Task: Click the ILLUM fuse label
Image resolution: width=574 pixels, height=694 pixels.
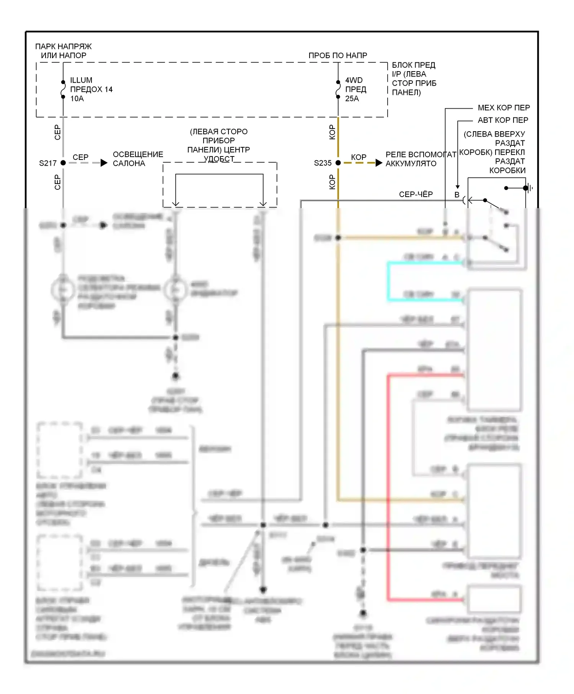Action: click(x=81, y=80)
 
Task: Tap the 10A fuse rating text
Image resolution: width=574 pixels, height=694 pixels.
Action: click(x=77, y=99)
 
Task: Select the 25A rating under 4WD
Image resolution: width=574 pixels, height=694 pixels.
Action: click(x=352, y=99)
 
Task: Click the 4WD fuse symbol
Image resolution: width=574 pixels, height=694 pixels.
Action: click(x=338, y=90)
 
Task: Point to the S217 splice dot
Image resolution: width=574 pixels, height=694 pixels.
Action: click(x=63, y=163)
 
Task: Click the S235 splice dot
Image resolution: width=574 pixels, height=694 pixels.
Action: click(x=338, y=163)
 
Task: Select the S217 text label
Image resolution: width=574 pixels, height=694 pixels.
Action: click(x=48, y=163)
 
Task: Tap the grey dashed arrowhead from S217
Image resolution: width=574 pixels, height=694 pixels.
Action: click(x=104, y=163)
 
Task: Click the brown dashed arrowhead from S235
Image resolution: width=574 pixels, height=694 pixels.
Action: click(x=379, y=163)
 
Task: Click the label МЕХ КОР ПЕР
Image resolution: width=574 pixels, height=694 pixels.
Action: click(x=504, y=108)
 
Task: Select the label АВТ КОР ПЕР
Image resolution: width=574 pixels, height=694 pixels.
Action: click(x=503, y=120)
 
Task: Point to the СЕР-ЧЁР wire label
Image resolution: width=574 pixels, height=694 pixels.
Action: click(x=416, y=194)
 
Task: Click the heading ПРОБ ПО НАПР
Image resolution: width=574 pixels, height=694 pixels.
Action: click(x=338, y=55)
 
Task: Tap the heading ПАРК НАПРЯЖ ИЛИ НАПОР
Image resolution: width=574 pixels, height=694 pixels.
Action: click(x=64, y=51)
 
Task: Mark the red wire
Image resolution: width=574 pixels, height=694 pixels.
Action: click(x=388, y=486)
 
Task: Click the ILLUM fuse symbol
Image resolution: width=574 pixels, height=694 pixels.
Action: click(x=63, y=90)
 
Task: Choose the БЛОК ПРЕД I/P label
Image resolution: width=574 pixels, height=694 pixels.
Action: click(x=414, y=79)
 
